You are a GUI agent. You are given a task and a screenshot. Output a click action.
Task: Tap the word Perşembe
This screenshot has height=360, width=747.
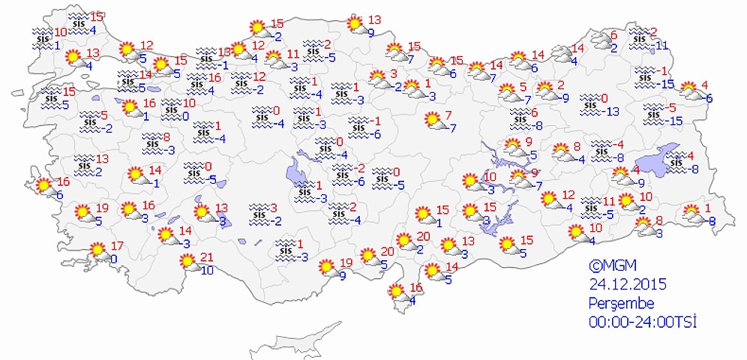point(622,304)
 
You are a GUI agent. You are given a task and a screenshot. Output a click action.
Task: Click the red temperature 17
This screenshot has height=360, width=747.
point(116,245)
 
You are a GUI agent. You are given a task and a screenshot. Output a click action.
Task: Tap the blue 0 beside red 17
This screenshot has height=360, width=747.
point(113,259)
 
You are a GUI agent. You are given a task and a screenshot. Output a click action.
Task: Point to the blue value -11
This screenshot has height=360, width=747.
point(660,44)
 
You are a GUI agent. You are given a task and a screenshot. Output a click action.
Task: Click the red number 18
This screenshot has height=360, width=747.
point(224,51)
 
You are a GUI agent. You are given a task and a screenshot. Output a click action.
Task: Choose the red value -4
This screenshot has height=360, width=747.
point(618,145)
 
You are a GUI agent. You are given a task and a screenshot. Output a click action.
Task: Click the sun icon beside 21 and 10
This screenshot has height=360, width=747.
point(187,262)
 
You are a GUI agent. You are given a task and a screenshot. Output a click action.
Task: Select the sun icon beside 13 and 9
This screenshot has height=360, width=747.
point(355,25)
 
